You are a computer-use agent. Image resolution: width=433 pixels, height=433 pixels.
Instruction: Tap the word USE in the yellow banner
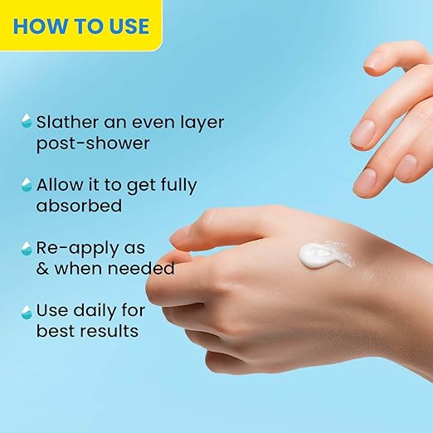(129, 27)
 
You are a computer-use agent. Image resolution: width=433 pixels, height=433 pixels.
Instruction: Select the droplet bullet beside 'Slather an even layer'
(27, 120)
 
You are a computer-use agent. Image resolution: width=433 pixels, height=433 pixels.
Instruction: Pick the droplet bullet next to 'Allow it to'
(27, 184)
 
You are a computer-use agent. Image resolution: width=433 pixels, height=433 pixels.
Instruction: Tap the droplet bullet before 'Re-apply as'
(27, 248)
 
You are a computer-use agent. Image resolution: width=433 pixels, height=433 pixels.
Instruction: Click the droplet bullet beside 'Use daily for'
(27, 312)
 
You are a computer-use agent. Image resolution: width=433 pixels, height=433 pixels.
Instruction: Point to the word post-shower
(93, 144)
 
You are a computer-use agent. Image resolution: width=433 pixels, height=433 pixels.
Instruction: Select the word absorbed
(79, 206)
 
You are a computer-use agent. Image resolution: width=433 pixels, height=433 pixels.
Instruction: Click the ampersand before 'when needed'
(42, 269)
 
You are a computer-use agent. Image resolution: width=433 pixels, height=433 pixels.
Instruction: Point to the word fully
(178, 185)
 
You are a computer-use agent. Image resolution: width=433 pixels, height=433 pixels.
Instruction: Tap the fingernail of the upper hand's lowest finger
(364, 180)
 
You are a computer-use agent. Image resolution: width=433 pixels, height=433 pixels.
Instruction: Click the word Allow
(60, 184)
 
